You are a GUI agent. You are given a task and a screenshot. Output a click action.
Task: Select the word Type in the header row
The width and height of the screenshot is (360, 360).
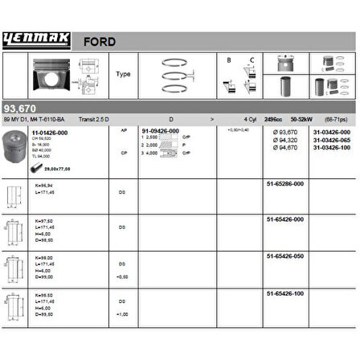click(x=124, y=74)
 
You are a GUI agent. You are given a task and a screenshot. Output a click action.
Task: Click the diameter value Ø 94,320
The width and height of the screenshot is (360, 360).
click(x=286, y=140)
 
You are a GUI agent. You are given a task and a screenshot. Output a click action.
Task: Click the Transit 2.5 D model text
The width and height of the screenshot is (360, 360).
click(x=97, y=118)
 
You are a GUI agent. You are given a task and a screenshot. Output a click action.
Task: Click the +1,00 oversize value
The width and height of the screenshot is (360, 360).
click(x=122, y=313)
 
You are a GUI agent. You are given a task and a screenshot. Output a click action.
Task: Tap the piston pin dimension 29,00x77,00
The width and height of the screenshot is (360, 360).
click(x=57, y=169)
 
